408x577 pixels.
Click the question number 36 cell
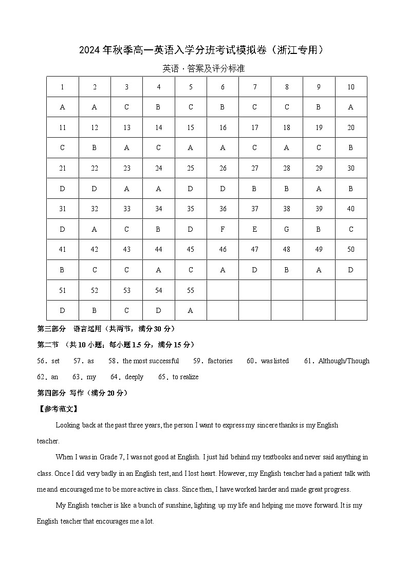point(222,209)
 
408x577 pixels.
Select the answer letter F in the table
point(222,229)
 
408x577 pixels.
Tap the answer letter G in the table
point(287,229)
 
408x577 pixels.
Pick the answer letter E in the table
point(255,229)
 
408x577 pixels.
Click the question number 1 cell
point(62,87)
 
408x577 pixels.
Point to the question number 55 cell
point(191,290)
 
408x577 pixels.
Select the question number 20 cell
point(351,127)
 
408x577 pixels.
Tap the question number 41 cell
point(62,249)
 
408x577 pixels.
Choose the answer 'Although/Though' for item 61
point(343,361)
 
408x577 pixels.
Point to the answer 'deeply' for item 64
point(134,377)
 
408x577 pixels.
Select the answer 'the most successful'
point(151,361)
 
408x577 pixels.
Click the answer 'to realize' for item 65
point(186,377)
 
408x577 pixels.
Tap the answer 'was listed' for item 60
point(275,361)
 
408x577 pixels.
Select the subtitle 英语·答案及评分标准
point(203,68)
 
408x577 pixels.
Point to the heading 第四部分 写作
point(82,393)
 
